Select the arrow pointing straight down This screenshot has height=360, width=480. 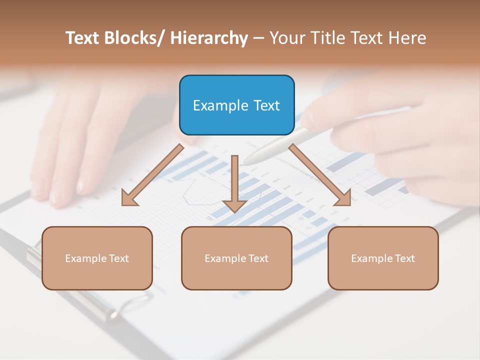[x=234, y=180]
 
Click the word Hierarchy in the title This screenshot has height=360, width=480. [x=209, y=38]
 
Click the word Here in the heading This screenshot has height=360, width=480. [x=407, y=38]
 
